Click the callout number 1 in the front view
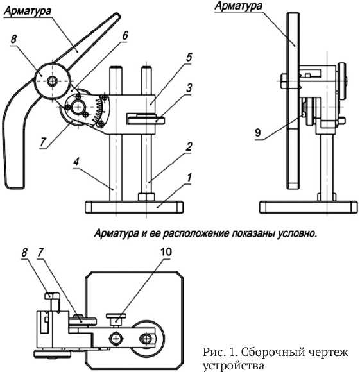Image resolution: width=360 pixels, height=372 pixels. coord(189,178)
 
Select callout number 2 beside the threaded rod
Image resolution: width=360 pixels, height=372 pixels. coord(189,147)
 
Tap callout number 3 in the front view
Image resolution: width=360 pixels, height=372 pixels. coord(189,88)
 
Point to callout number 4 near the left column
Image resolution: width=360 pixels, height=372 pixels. coord(76,162)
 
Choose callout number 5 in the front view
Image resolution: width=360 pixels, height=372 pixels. coord(189,57)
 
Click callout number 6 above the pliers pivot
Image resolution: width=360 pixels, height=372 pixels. coord(125,35)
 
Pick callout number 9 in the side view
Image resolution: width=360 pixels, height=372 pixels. coord(257,132)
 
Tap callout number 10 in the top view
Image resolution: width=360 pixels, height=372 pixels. coord(166,251)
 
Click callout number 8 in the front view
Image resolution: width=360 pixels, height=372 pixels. coord(13,39)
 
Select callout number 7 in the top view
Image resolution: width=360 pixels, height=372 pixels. coord(40,252)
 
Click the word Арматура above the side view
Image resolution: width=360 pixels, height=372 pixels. coord(238,6)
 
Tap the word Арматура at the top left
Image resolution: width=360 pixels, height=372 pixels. coord(28,12)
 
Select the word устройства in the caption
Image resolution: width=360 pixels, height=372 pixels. coord(234,366)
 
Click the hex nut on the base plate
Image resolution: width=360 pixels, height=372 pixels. coord(146,198)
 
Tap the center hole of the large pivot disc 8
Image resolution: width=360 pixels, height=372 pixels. coord(52,81)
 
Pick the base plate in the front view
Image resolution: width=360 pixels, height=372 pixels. coord(134,207)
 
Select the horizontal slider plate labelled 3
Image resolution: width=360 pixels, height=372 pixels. coord(146,119)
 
